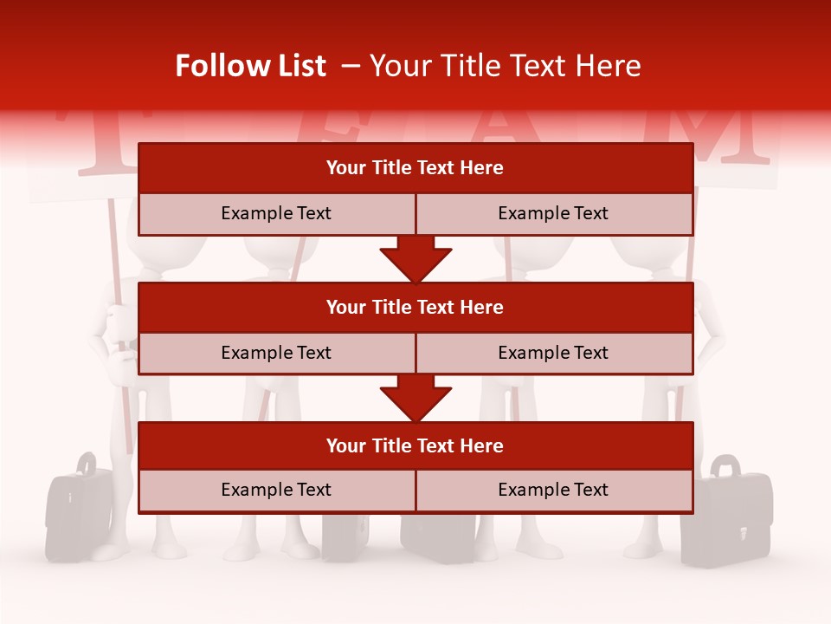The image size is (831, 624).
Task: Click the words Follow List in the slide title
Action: click(x=250, y=66)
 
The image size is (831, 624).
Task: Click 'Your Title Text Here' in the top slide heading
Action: click(x=506, y=66)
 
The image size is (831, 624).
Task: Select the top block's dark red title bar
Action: click(x=415, y=168)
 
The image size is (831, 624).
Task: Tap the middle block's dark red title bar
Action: click(x=415, y=307)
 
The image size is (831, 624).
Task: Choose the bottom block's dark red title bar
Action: click(x=415, y=445)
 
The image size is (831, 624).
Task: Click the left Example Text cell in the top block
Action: click(x=276, y=213)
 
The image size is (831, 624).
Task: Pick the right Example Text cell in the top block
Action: click(x=554, y=213)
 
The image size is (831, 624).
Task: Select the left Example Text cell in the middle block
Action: click(x=276, y=353)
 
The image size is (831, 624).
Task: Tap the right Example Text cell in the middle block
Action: click(x=554, y=353)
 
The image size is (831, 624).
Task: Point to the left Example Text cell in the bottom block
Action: click(x=276, y=490)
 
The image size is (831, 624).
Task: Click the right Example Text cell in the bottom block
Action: click(x=554, y=490)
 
